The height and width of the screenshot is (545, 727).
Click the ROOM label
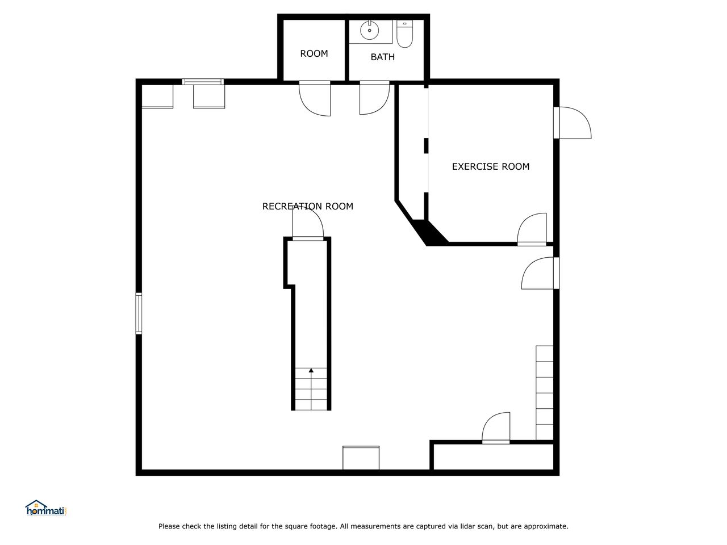pyautogui.click(x=314, y=53)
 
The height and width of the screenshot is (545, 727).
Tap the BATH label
pyautogui.click(x=383, y=57)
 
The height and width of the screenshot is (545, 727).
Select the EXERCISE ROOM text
pyautogui.click(x=491, y=166)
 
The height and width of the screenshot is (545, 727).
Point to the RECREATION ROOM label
pyautogui.click(x=308, y=206)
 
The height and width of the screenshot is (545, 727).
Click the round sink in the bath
pyautogui.click(x=369, y=30)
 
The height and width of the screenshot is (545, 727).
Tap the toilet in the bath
pyautogui.click(x=404, y=33)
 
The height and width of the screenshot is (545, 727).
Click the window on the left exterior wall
pyautogui.click(x=139, y=313)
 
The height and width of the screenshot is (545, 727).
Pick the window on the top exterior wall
pyautogui.click(x=203, y=82)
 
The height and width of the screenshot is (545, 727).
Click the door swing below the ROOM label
pyautogui.click(x=315, y=99)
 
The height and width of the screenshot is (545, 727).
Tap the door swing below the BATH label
pyautogui.click(x=374, y=98)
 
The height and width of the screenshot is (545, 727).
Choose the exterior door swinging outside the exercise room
pyautogui.click(x=573, y=123)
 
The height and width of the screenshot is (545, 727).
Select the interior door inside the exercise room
pyautogui.click(x=532, y=229)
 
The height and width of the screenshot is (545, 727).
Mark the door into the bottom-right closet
pyautogui.click(x=496, y=428)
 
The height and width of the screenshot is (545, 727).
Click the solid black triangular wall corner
pyautogui.click(x=430, y=233)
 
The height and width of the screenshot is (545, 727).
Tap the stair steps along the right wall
pyautogui.click(x=545, y=393)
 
